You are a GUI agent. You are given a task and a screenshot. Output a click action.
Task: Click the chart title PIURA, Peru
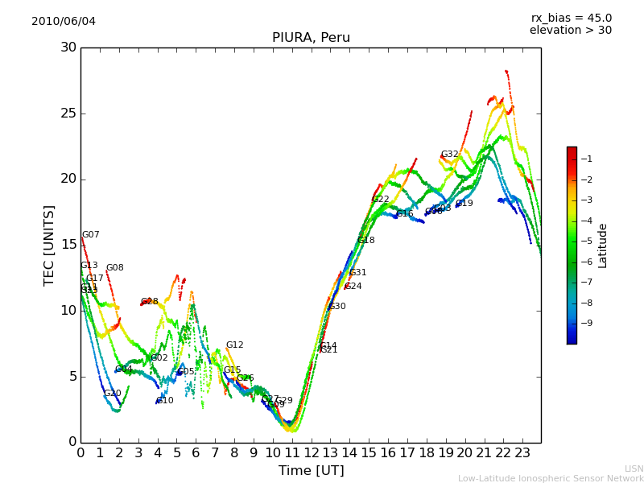tap(311, 38)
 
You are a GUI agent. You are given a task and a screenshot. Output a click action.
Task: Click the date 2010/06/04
tap(64, 22)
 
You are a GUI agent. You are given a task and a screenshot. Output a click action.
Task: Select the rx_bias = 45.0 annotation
tap(571, 18)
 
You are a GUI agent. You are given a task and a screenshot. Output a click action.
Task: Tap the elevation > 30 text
tap(570, 31)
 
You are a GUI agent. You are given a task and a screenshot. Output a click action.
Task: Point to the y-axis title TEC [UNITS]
tap(50, 245)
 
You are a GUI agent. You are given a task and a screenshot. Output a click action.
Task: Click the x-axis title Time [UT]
tap(311, 471)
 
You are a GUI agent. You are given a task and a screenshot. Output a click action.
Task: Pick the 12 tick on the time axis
tap(311, 452)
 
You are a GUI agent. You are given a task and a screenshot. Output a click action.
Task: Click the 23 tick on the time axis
tap(522, 452)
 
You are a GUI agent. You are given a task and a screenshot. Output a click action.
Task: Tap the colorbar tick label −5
tap(588, 241)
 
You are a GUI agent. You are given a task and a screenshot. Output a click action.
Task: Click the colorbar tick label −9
tap(588, 324)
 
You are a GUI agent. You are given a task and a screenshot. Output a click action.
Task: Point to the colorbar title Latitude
tap(603, 246)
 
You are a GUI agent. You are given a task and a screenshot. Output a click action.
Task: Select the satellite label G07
tap(91, 235)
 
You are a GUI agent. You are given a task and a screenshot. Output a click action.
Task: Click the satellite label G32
tap(449, 155)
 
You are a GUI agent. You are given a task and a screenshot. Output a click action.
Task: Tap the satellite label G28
tap(150, 302)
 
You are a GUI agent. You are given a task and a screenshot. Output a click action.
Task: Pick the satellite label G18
tap(366, 241)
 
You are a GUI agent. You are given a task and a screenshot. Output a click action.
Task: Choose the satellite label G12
tap(234, 345)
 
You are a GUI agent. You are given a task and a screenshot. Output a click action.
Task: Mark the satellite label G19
tap(464, 204)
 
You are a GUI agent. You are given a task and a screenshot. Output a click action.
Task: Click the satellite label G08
tap(115, 268)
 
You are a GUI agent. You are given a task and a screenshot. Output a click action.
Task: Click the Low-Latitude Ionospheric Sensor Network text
tap(551, 479)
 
